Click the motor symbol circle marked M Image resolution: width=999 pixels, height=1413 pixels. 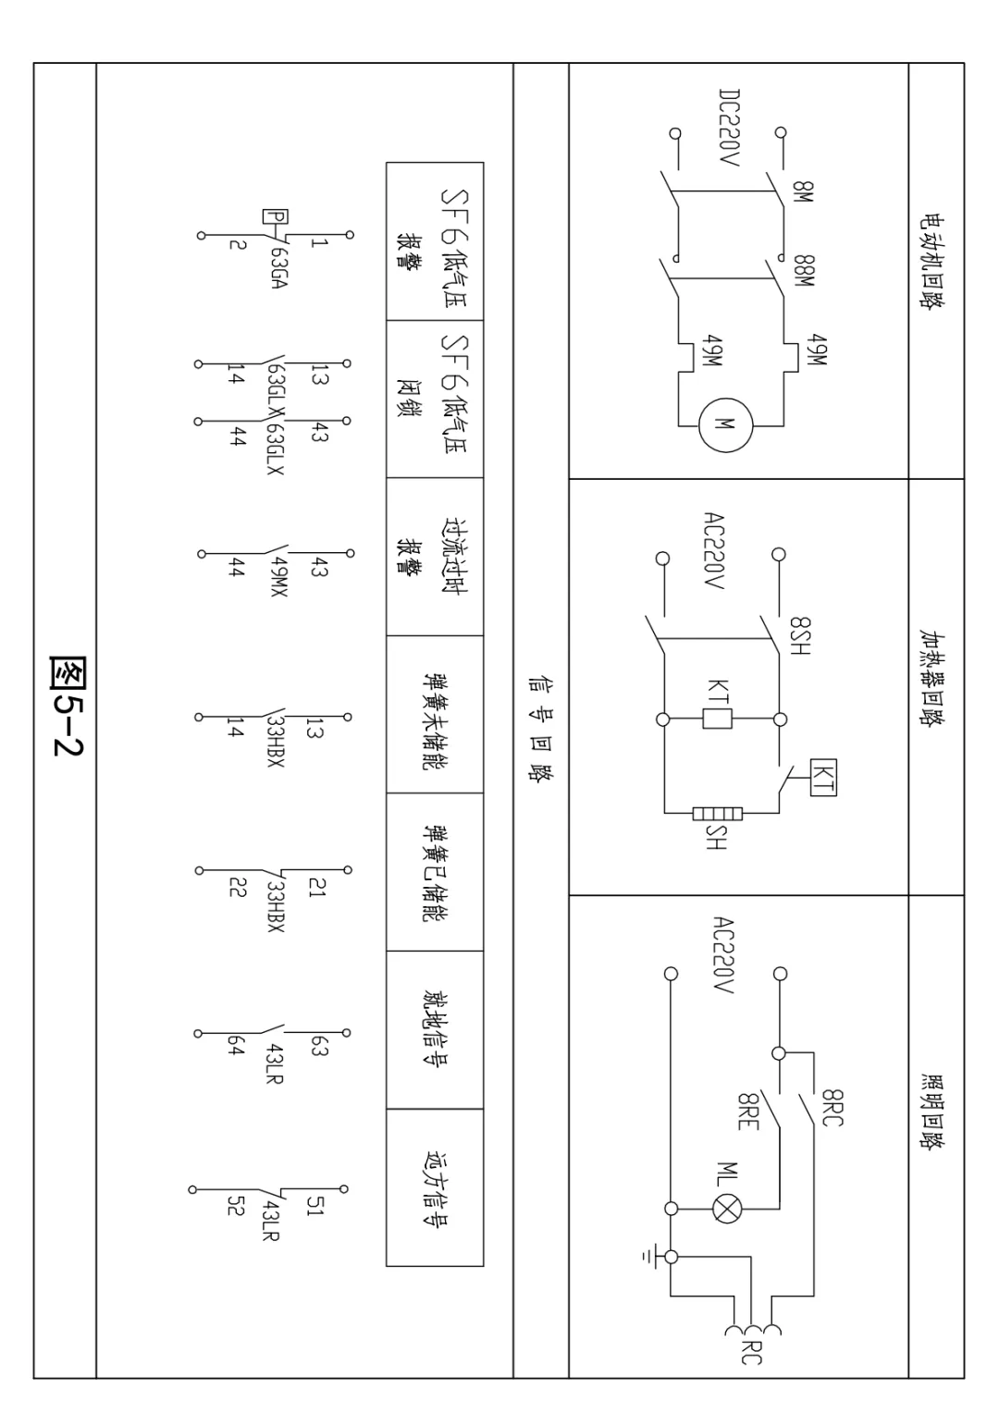pyautogui.click(x=726, y=425)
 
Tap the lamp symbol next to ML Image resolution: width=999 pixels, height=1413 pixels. pyautogui.click(x=725, y=1208)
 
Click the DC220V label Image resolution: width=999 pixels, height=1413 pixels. pyautogui.click(x=730, y=129)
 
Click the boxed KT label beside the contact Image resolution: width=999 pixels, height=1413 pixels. pyautogui.click(x=822, y=776)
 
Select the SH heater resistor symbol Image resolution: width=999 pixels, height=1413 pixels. pyautogui.click(x=717, y=815)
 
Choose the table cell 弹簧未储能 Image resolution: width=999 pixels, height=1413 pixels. pyautogui.click(x=434, y=714)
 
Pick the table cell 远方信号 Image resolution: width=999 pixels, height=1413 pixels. pyautogui.click(x=434, y=1187)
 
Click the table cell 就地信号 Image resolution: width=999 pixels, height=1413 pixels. pyautogui.click(x=434, y=1029)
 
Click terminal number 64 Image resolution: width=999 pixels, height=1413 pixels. pyautogui.click(x=236, y=1046)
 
